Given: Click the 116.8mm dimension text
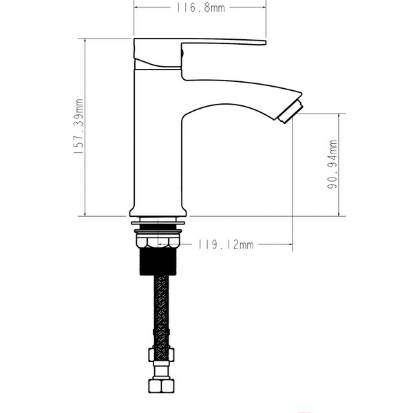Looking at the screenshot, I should tap(200, 8).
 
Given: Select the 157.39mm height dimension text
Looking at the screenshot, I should tap(80, 128).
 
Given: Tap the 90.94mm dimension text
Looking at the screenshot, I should tap(332, 165).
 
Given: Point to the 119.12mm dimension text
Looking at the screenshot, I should tap(226, 244).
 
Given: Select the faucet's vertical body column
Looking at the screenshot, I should tap(157, 138).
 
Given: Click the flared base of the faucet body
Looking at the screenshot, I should tap(158, 211).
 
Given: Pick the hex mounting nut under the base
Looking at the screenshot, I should tap(158, 242).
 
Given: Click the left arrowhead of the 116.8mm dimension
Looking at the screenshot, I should tap(136, 8).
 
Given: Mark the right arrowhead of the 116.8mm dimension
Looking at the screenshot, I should tap(263, 8).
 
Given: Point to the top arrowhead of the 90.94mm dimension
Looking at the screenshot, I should tap(338, 116).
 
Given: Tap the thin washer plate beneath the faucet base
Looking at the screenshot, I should tap(158, 223).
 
